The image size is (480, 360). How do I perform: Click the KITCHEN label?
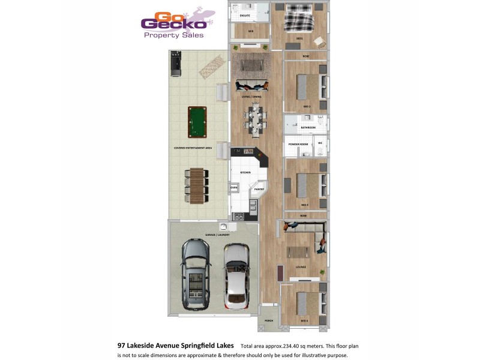point(245,173)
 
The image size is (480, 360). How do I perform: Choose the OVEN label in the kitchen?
point(234,188)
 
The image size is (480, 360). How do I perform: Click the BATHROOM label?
point(308,128)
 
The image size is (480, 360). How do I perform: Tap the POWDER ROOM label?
point(298,145)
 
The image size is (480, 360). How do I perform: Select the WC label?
point(320,143)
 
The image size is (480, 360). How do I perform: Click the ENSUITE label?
point(245,14)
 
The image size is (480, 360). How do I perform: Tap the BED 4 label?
point(304,321)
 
